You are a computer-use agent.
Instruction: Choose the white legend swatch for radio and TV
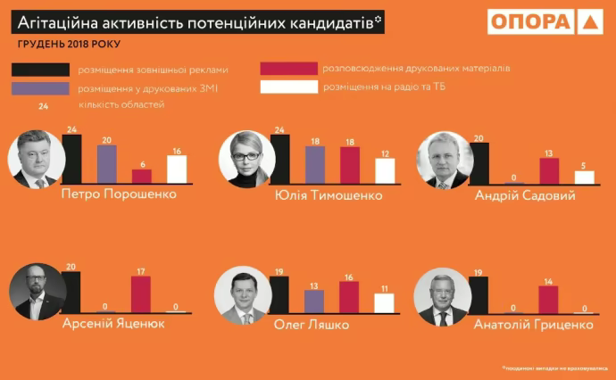point(288,87)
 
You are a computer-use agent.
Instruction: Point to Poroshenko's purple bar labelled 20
point(107,163)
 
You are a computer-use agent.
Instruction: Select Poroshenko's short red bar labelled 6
point(142,175)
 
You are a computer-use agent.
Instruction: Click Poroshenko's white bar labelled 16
point(177,169)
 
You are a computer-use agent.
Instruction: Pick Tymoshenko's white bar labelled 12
point(385,170)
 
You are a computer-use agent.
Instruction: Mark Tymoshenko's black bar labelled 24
point(280,160)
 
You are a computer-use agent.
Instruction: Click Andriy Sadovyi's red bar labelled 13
point(549,170)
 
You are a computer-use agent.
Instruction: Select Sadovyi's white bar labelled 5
point(584,177)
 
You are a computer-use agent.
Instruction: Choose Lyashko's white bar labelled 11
point(384,303)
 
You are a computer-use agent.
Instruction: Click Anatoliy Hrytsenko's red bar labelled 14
point(549,300)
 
